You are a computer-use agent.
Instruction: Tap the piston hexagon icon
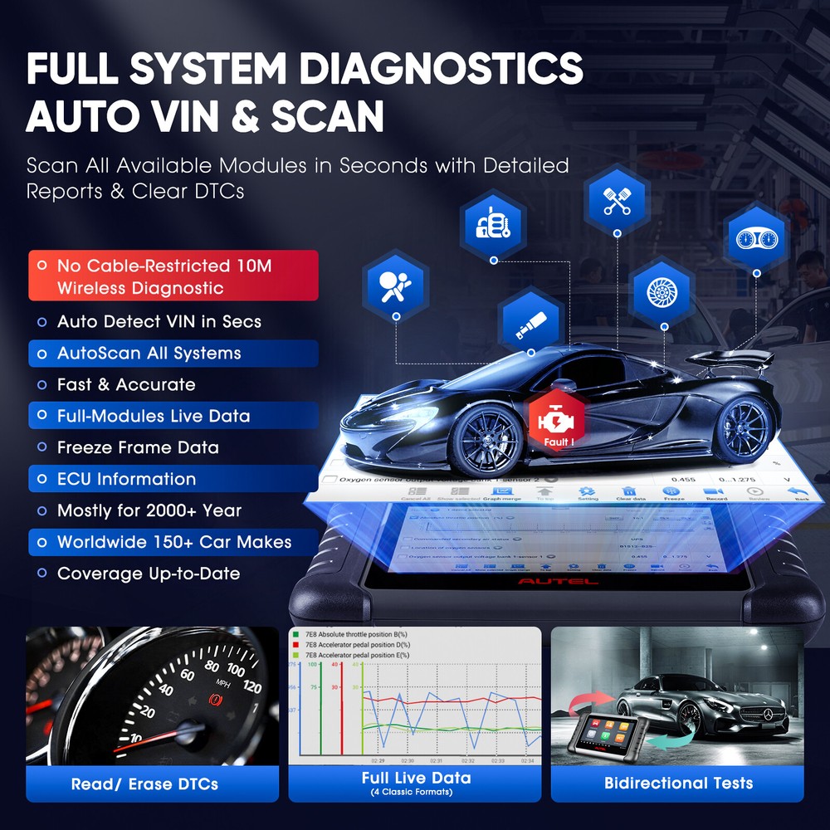tap(618, 198)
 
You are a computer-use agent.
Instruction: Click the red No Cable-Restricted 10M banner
tap(173, 276)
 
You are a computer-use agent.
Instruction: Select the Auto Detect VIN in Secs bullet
tap(159, 322)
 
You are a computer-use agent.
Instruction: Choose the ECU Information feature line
tap(126, 479)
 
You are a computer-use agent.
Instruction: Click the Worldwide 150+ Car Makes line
tap(173, 542)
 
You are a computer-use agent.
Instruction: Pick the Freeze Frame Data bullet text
tap(138, 447)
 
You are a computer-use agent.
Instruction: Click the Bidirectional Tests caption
tap(678, 783)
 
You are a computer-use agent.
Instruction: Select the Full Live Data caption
tap(416, 779)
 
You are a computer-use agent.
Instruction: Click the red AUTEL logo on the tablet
tap(557, 581)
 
